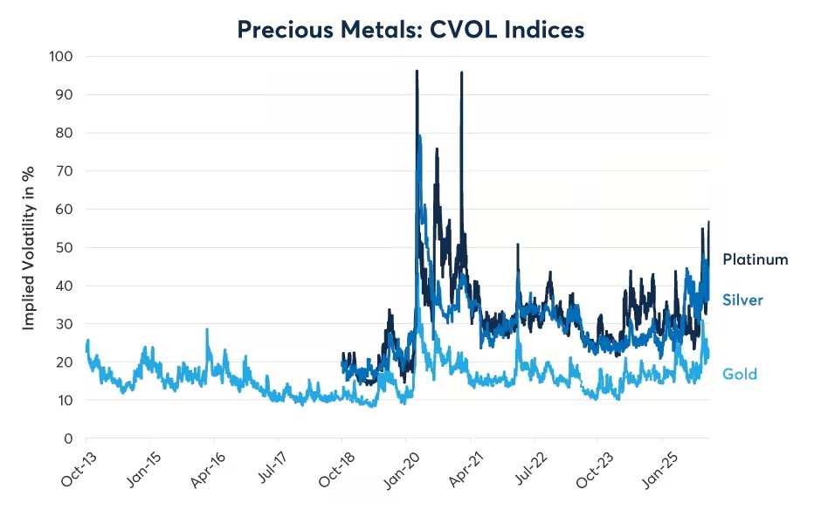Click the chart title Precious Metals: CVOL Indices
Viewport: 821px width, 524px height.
[x=410, y=30]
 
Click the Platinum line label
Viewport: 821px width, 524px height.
[x=755, y=259]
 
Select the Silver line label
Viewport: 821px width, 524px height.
[x=742, y=300]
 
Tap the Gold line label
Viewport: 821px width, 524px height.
[x=739, y=374]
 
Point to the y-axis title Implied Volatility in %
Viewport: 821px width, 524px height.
[x=29, y=247]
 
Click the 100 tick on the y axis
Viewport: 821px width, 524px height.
[x=61, y=57]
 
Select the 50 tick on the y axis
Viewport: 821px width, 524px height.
[x=65, y=247]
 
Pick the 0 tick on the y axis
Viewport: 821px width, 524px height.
[x=68, y=438]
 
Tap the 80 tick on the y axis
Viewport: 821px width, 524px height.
[x=65, y=133]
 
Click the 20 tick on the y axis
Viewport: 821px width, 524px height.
[x=65, y=362]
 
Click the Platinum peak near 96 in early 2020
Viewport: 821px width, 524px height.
[x=417, y=72]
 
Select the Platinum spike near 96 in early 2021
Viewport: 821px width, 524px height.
[x=461, y=73]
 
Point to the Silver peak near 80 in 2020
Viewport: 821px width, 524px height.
[x=420, y=136]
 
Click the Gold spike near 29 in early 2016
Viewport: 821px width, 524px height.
[x=207, y=330]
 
